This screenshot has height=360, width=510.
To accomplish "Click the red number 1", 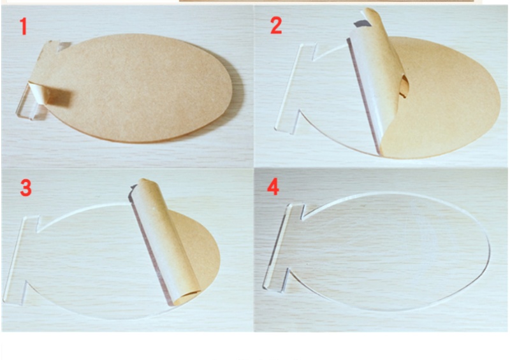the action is click(x=23, y=26).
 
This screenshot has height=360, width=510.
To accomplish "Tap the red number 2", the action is click(x=276, y=25).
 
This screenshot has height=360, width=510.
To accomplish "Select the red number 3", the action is click(x=26, y=188).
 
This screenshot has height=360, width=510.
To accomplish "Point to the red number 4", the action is click(x=273, y=187).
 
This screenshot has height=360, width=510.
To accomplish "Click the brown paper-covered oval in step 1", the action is click(x=133, y=88).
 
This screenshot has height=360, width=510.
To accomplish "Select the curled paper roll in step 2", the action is click(x=379, y=82).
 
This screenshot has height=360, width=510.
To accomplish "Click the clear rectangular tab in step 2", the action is click(x=295, y=88).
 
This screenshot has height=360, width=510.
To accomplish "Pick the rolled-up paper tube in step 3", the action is click(x=164, y=241).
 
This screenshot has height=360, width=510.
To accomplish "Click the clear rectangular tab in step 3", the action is click(x=21, y=260).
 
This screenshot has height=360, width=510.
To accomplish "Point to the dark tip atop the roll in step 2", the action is click(x=362, y=24).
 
